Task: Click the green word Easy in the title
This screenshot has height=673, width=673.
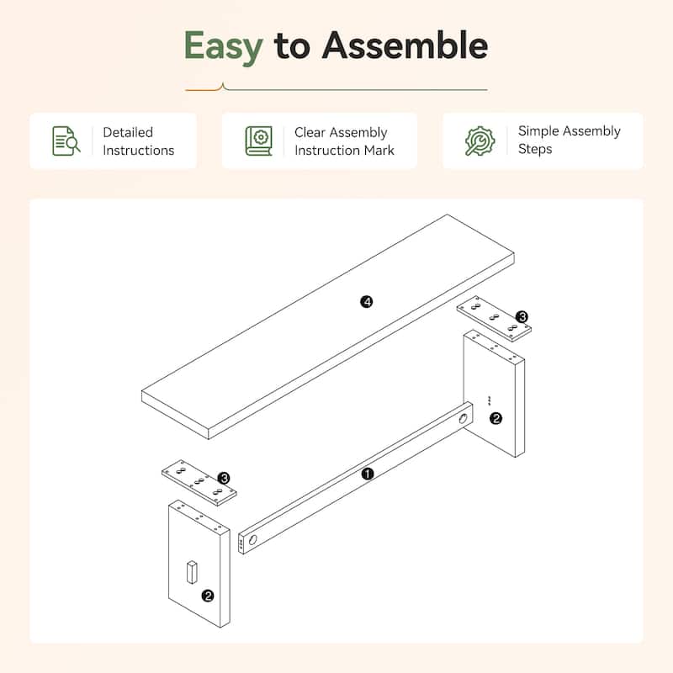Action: [x=223, y=47]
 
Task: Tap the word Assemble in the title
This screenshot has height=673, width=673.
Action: [x=405, y=45]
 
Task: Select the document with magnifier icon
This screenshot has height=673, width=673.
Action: [x=66, y=140]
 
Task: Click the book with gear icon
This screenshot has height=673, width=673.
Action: [x=259, y=140]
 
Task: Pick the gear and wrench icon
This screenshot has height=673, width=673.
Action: [x=480, y=140]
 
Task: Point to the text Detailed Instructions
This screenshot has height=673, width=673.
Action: [x=139, y=141]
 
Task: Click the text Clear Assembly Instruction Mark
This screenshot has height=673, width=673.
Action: [x=344, y=141]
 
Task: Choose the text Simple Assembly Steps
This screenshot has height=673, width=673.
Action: [x=570, y=140]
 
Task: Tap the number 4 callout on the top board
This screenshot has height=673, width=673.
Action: [x=366, y=302]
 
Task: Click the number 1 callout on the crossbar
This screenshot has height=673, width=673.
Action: [x=368, y=474]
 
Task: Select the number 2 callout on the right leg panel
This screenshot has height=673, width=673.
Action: [x=495, y=418]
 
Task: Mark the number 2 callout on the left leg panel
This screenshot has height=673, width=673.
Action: [x=208, y=596]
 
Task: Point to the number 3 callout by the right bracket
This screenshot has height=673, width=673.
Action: [x=522, y=317]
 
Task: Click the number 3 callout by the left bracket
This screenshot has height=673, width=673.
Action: [x=224, y=478]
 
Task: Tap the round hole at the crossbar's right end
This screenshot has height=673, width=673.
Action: [x=464, y=418]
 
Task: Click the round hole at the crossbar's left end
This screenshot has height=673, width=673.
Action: [x=253, y=539]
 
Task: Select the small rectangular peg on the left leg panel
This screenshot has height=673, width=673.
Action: [x=192, y=572]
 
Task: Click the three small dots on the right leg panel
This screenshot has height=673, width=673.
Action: [x=490, y=400]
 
